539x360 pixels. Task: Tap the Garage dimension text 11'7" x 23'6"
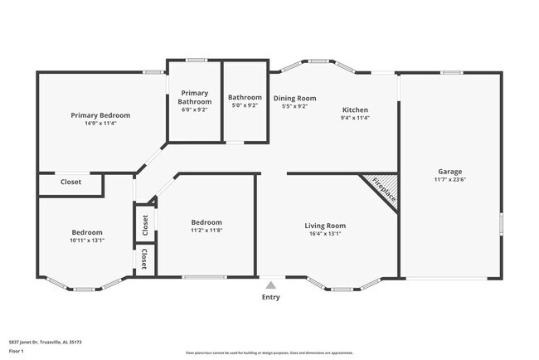tap(450, 180)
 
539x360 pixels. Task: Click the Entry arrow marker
tap(270, 285)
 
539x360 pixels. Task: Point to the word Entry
tap(270, 297)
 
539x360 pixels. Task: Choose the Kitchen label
tap(355, 109)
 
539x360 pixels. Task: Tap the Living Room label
tap(325, 226)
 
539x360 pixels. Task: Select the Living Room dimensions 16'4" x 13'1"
tap(325, 234)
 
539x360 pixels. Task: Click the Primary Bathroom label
tap(194, 97)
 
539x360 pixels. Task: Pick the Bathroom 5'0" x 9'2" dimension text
tap(245, 105)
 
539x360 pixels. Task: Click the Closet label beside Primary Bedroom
tap(70, 182)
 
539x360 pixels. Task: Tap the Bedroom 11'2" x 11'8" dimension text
tap(206, 230)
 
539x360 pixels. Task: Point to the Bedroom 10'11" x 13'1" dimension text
tap(87, 241)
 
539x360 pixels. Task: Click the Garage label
tap(450, 172)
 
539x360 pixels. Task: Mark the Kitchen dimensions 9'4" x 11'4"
tap(355, 118)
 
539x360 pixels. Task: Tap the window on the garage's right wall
tap(501, 224)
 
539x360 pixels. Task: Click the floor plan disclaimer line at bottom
tap(269, 353)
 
